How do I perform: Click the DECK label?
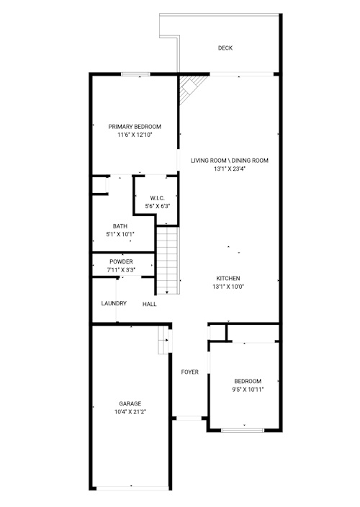(225, 48)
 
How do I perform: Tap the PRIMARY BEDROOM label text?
(135, 127)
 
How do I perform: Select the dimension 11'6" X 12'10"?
(135, 135)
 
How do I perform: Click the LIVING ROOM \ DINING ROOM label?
(229, 161)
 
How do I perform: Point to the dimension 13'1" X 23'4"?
(229, 169)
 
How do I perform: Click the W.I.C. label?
(157, 198)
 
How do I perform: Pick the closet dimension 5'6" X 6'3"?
(157, 206)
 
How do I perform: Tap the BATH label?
(120, 226)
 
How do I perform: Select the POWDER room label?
(121, 261)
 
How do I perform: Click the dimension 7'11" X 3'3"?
(121, 270)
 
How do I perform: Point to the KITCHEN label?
(228, 278)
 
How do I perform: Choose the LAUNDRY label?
(114, 303)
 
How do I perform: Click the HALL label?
(149, 304)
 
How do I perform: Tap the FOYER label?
(189, 372)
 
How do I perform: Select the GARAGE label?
(130, 403)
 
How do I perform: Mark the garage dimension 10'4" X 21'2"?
(130, 412)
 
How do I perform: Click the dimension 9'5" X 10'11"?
(248, 390)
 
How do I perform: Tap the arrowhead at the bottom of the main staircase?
(167, 292)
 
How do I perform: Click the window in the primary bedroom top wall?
(136, 74)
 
